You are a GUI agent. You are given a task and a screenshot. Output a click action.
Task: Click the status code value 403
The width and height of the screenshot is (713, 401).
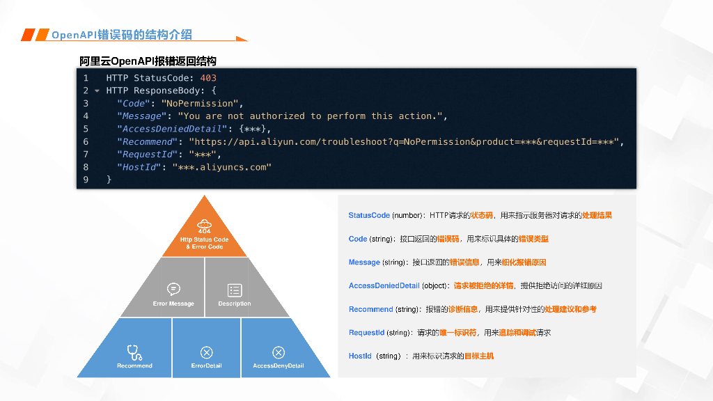coord(208,78)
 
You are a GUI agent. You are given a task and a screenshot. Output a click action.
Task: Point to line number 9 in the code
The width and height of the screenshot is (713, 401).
coord(86,180)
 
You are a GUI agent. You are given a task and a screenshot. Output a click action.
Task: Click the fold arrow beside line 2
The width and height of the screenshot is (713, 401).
coord(97,91)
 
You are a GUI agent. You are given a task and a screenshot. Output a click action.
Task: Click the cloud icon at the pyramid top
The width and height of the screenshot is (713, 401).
coord(204,223)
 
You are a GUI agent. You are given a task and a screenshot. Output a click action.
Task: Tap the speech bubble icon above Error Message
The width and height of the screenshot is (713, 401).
coord(173,289)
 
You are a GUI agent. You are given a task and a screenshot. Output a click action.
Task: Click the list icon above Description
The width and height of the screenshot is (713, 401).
coord(235,290)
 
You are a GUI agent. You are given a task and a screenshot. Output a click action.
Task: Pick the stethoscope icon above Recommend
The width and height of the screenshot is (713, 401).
coord(134,352)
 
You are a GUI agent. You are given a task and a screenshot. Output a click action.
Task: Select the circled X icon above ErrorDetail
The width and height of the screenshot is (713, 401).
coord(206,352)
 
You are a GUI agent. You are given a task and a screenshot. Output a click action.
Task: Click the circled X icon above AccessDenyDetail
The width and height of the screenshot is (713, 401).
coord(279,352)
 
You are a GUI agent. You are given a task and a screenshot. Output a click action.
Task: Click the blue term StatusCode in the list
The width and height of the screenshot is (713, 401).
coord(369,216)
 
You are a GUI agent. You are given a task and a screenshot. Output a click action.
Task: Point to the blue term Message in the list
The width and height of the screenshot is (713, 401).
coord(364,262)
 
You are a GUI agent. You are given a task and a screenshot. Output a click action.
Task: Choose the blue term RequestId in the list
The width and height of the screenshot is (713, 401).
coord(366,333)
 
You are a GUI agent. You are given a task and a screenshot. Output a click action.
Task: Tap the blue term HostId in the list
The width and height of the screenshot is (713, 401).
coord(360,356)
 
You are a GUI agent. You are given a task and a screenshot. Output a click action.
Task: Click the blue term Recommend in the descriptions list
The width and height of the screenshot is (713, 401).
coord(370,309)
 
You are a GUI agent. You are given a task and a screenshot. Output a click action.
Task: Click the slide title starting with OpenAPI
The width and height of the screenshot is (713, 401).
coord(122,35)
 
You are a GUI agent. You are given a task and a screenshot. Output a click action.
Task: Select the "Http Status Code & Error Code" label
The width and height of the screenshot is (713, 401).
coord(204,243)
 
